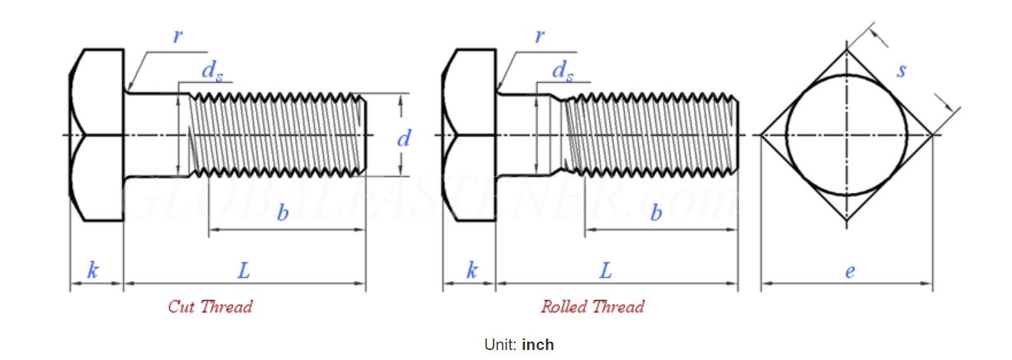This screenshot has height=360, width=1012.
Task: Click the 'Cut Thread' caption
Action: (x=210, y=307)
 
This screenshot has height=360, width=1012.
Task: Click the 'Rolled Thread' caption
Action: (x=592, y=307)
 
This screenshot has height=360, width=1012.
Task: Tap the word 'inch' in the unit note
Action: (x=538, y=345)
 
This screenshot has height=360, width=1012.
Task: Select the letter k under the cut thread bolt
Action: (x=93, y=270)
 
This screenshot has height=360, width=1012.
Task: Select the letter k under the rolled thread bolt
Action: (x=472, y=270)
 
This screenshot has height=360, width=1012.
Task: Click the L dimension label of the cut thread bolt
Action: (x=244, y=270)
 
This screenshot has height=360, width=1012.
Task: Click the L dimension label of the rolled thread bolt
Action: (x=605, y=270)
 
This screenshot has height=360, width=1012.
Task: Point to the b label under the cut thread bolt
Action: (x=283, y=213)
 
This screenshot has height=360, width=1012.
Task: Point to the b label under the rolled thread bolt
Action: (x=656, y=213)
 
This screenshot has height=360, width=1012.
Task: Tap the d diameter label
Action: (x=404, y=139)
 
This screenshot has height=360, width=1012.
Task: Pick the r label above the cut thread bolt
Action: (x=178, y=35)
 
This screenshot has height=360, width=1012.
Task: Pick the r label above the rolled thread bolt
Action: (x=540, y=35)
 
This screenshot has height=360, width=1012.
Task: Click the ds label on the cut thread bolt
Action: (x=211, y=71)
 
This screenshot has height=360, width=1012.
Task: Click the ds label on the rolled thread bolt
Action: (x=562, y=71)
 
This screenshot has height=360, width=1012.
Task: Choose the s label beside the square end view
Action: (x=902, y=70)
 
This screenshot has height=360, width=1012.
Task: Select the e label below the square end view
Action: (x=850, y=270)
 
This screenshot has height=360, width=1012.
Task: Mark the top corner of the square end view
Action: (x=847, y=50)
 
